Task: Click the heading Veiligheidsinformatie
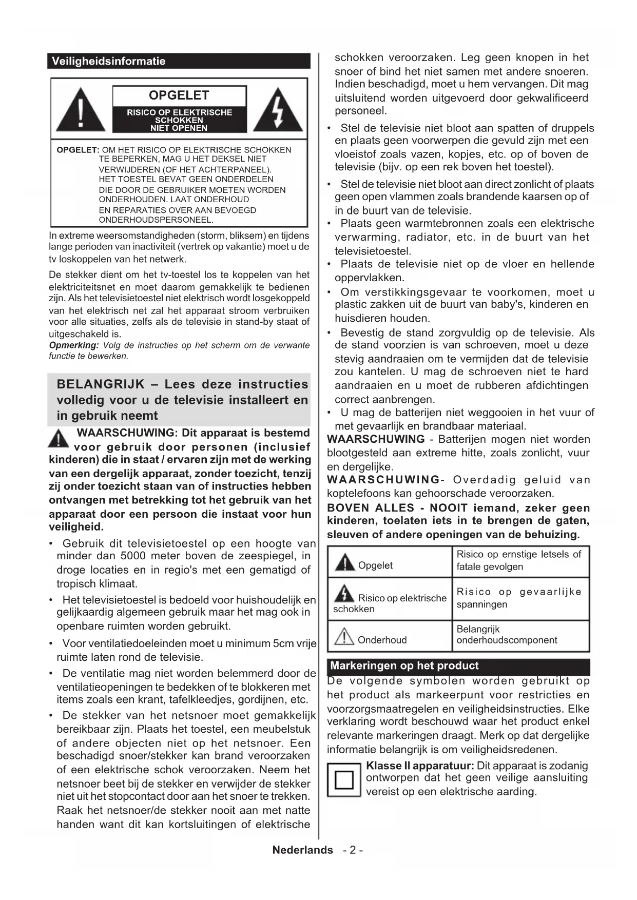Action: [108, 61]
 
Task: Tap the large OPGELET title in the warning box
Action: [179, 95]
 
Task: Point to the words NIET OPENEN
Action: [179, 128]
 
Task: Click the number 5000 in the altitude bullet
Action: [133, 556]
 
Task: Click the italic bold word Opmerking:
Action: [74, 345]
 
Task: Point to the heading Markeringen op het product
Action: [404, 666]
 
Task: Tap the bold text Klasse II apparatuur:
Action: [420, 766]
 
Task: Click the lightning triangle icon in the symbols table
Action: [344, 594]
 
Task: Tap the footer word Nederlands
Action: [302, 850]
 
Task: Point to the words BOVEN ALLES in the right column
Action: [370, 508]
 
